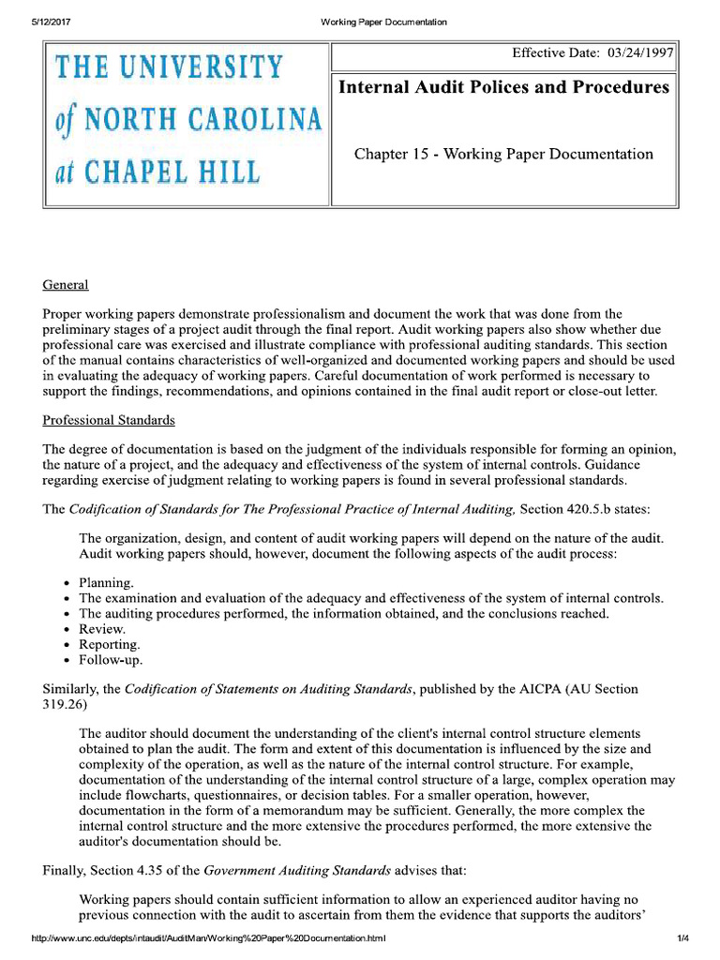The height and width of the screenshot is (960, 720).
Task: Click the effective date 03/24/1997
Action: coord(640,53)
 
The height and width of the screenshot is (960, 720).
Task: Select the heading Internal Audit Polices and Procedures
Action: coord(503,87)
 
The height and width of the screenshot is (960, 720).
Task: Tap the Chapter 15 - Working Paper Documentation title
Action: coord(503,154)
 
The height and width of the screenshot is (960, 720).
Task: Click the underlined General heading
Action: coord(66,284)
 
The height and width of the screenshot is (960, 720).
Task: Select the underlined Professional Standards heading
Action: coord(109,420)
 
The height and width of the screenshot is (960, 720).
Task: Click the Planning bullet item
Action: coord(106,581)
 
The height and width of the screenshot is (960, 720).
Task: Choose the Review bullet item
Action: coord(102,629)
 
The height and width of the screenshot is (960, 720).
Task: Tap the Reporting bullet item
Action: coord(110,644)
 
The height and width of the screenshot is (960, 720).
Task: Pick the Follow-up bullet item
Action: coord(111,660)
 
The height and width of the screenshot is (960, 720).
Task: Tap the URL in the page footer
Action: coord(208,938)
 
